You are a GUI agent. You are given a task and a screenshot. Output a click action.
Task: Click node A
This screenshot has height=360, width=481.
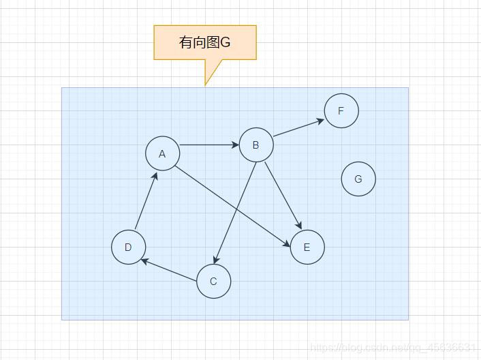162,153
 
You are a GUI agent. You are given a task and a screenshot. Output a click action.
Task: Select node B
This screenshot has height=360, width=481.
256,145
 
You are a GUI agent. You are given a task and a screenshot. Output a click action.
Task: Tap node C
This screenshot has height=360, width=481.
213,282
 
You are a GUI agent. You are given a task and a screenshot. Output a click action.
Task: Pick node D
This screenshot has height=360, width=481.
128,247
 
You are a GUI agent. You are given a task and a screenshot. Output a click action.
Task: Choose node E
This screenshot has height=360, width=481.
307,247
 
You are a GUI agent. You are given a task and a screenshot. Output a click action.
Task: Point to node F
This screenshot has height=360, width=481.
341,110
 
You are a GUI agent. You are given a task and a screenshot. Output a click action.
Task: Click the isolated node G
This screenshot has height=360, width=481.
358,179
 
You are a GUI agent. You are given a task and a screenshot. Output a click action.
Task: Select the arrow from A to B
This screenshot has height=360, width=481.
208,145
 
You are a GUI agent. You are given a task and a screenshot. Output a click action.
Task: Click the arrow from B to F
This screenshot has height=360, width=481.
298,127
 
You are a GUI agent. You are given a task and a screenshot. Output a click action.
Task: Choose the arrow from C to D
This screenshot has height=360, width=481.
170,271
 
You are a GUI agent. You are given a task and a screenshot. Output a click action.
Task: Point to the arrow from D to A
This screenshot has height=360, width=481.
146,200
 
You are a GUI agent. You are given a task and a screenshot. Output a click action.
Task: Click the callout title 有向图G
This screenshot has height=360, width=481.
204,42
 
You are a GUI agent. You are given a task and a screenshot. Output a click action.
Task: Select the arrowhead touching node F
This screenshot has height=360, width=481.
321,120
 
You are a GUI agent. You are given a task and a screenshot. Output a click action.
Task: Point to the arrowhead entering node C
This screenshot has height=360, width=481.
215,260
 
